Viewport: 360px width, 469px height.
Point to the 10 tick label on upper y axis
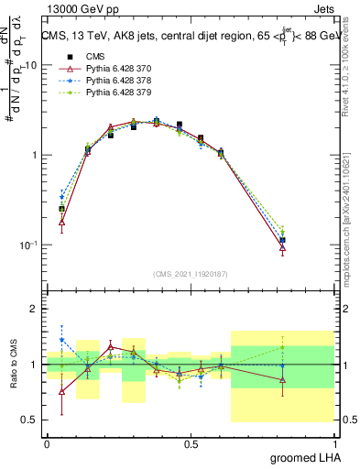[x=30, y=65]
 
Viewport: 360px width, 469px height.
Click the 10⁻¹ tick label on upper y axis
[x=27, y=245]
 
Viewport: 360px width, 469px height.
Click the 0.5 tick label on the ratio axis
[x=30, y=420]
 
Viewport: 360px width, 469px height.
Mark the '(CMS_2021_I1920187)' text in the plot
[x=190, y=273]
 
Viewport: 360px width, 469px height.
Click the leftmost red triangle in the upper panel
[x=61, y=222]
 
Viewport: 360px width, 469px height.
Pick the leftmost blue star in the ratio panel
[x=61, y=340]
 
